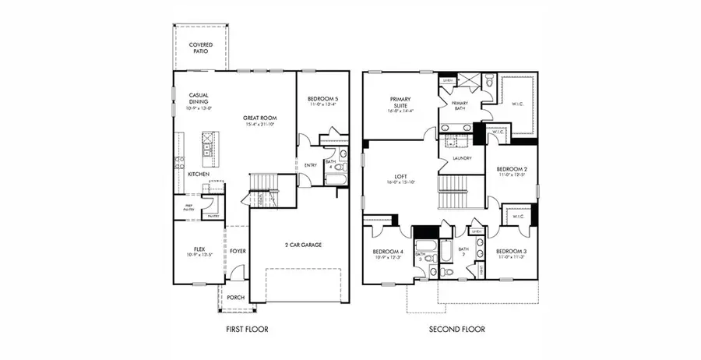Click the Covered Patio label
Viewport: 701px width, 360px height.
[x=201, y=48]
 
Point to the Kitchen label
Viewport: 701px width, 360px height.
[x=199, y=174]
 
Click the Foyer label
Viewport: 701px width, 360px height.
[x=238, y=251]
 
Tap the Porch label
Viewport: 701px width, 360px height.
[x=235, y=298]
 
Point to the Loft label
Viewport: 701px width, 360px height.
[x=401, y=178]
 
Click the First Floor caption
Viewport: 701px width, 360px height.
[x=247, y=330]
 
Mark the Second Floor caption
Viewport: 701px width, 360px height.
[x=456, y=330]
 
